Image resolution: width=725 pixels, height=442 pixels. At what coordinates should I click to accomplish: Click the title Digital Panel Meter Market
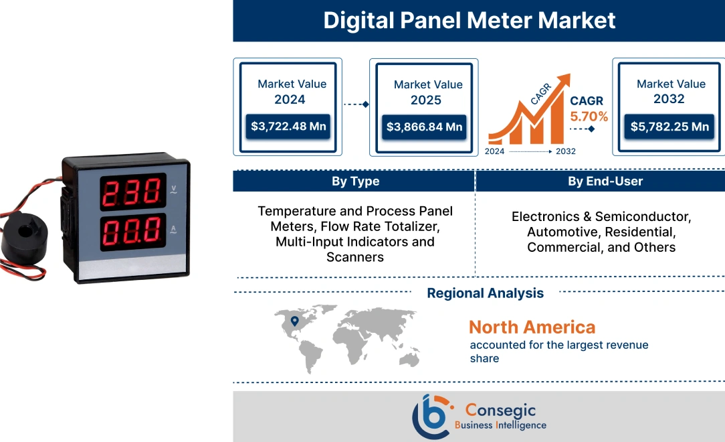(x=470, y=20)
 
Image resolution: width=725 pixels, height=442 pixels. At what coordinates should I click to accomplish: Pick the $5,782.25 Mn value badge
(x=669, y=127)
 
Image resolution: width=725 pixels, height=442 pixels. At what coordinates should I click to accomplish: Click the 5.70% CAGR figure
(x=589, y=117)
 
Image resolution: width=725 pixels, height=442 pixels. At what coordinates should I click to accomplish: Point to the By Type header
(x=355, y=181)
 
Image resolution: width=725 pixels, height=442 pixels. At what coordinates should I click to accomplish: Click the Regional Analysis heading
(x=485, y=293)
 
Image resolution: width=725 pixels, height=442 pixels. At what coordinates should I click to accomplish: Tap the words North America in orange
(x=532, y=327)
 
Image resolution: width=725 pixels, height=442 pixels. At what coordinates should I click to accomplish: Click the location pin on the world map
(x=294, y=322)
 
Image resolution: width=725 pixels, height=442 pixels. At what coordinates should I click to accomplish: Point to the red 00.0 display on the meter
(x=134, y=231)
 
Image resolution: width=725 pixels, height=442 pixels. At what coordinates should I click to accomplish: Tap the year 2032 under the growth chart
(x=565, y=151)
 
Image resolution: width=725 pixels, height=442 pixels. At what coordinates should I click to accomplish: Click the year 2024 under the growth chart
(x=495, y=151)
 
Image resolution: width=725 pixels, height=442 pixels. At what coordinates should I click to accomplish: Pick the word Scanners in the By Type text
(x=355, y=256)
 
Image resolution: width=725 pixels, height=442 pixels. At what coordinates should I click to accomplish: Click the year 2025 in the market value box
(x=426, y=100)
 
